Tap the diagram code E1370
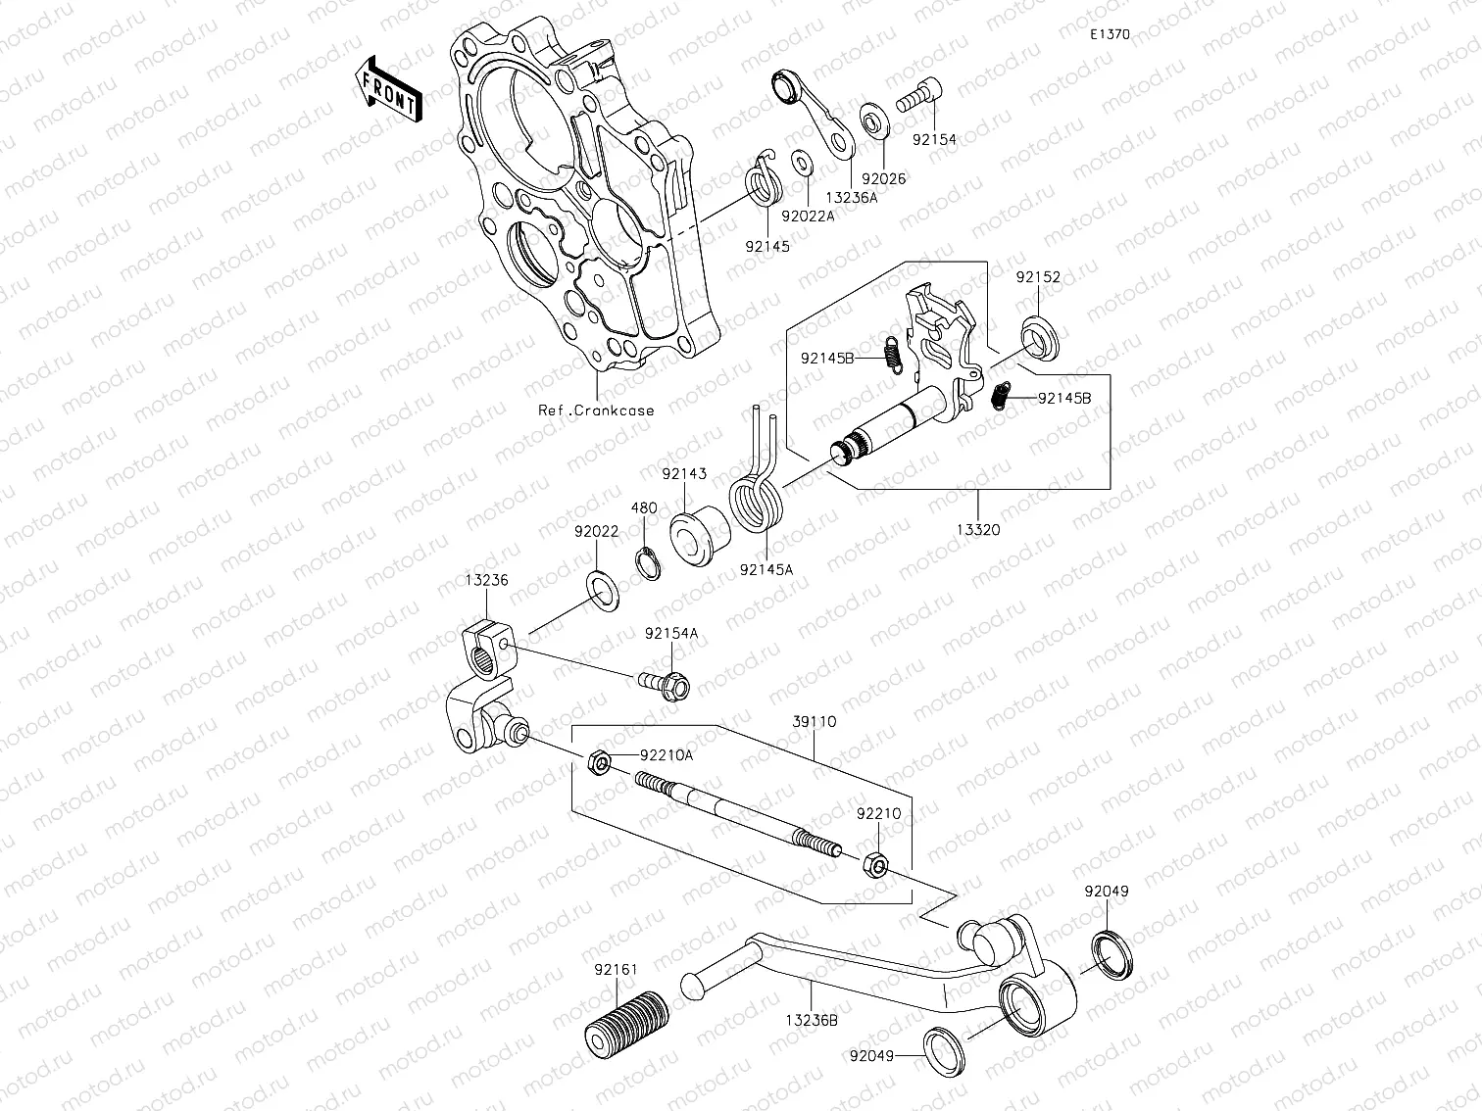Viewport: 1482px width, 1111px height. [x=1110, y=34]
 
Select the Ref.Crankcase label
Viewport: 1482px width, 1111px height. [x=596, y=411]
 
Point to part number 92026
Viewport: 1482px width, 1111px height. [x=884, y=179]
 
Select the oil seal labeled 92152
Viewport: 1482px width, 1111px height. [x=1039, y=340]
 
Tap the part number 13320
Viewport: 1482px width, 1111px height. [x=978, y=529]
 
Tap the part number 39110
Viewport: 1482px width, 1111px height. [x=814, y=721]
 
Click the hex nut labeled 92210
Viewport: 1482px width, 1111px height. [x=875, y=864]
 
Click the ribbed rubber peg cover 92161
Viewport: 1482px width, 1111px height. [x=626, y=1023]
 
